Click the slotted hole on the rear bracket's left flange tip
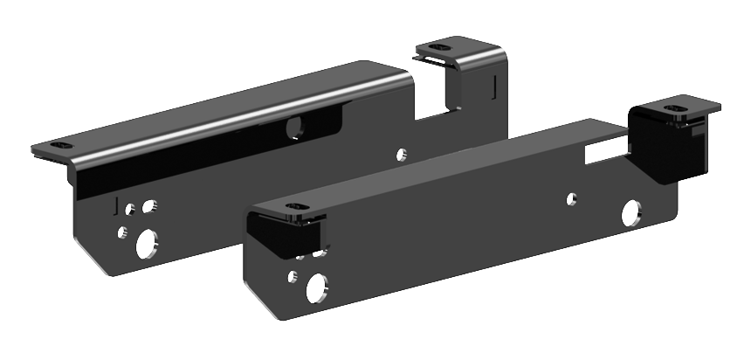(x=59, y=144)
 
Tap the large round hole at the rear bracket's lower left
(x=147, y=243)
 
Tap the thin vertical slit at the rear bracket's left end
(x=116, y=204)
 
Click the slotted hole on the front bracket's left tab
(x=294, y=210)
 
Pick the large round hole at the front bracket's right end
(x=630, y=213)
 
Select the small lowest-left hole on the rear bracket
(x=123, y=232)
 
